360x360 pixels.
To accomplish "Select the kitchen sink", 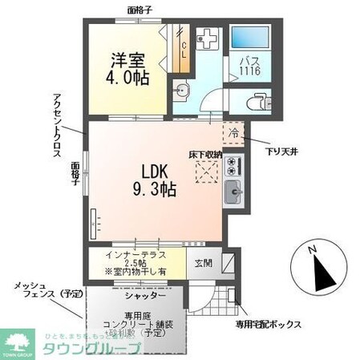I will pos(235,192).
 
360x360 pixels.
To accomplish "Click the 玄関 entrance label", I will pos(200,261).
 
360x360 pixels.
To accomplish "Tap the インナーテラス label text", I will pos(136,255).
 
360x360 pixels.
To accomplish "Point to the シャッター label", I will pos(141,295).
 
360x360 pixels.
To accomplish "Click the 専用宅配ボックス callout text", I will pos(268,324).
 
